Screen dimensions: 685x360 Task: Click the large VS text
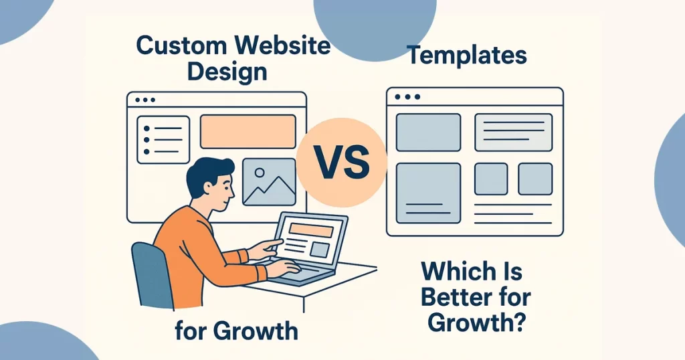tap(342, 163)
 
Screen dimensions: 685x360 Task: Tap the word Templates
tap(467, 56)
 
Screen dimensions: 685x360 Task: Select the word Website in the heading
tap(282, 45)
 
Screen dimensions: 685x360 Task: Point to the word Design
tap(227, 72)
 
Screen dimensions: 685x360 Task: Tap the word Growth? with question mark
tap(476, 323)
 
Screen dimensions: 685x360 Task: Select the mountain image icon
tap(269, 182)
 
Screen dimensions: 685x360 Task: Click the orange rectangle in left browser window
tap(248, 132)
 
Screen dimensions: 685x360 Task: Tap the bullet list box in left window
tap(163, 140)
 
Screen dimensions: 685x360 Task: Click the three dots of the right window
tap(407, 96)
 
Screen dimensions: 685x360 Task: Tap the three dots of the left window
tap(145, 100)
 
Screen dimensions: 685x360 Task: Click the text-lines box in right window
tap(513, 132)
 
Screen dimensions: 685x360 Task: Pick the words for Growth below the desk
tap(236, 331)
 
